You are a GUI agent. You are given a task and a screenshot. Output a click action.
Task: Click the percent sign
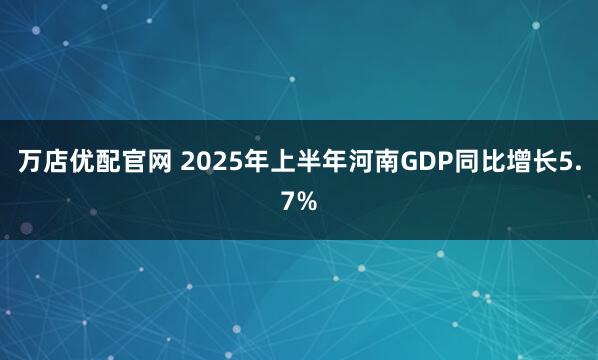tap(308, 203)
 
